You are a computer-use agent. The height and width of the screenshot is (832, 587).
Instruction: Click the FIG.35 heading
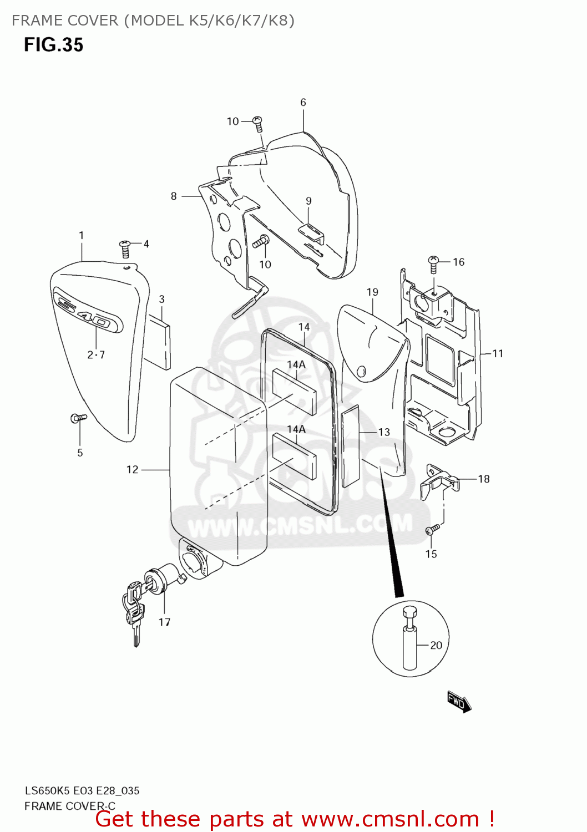point(53,45)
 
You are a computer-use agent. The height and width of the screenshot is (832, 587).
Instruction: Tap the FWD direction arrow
point(459,702)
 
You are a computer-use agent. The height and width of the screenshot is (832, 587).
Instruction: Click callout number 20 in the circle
point(436,645)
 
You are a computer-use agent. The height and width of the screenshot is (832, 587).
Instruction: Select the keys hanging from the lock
point(134,610)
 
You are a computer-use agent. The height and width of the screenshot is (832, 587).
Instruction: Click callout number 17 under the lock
point(164,622)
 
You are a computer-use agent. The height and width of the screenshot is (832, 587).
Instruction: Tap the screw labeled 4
point(125,248)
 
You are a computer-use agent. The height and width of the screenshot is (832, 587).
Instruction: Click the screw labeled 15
point(433,529)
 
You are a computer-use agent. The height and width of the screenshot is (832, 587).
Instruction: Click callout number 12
point(132,470)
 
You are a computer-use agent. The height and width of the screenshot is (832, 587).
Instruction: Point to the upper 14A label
point(296,364)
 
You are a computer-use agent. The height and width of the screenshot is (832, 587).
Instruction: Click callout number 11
point(498,353)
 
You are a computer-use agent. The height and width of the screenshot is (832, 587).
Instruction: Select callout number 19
point(372,292)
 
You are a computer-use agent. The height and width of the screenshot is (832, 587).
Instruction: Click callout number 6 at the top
point(303,102)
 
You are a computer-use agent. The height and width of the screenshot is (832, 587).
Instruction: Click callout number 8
point(174,196)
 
